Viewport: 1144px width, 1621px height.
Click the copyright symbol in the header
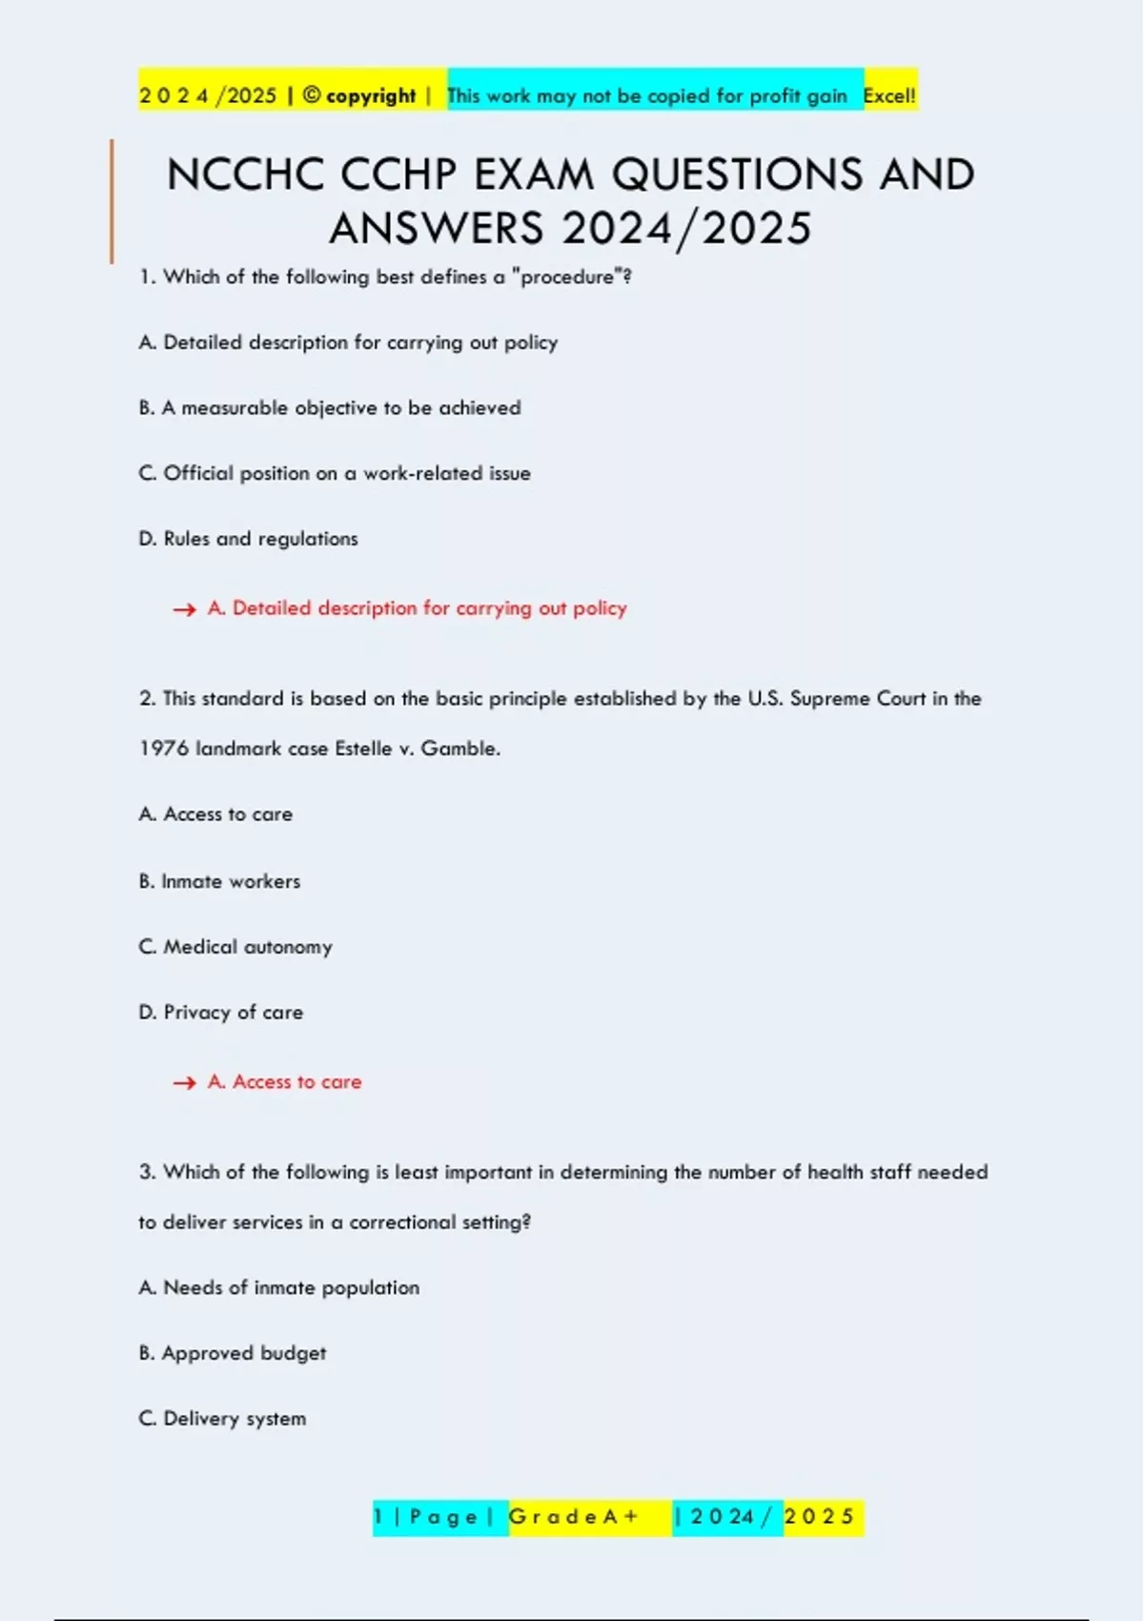point(311,95)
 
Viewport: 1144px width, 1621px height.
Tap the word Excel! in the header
point(889,95)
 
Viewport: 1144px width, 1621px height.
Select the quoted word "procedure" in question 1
point(567,277)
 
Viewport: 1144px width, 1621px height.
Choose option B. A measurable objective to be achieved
point(330,408)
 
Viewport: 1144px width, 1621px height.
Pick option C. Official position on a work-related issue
point(335,473)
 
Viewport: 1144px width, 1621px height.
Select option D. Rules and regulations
point(248,539)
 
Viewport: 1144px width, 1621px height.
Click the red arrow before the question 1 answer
point(184,609)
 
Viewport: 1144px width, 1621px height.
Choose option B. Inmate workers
point(219,881)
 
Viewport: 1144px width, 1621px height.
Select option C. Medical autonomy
point(235,947)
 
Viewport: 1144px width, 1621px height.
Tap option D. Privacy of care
point(221,1013)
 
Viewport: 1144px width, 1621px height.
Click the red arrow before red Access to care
point(184,1082)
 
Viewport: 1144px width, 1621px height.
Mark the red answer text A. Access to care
point(285,1082)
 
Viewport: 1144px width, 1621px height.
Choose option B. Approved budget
point(233,1353)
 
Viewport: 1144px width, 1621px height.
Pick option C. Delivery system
point(222,1419)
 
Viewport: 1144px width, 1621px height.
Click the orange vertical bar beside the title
point(112,200)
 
